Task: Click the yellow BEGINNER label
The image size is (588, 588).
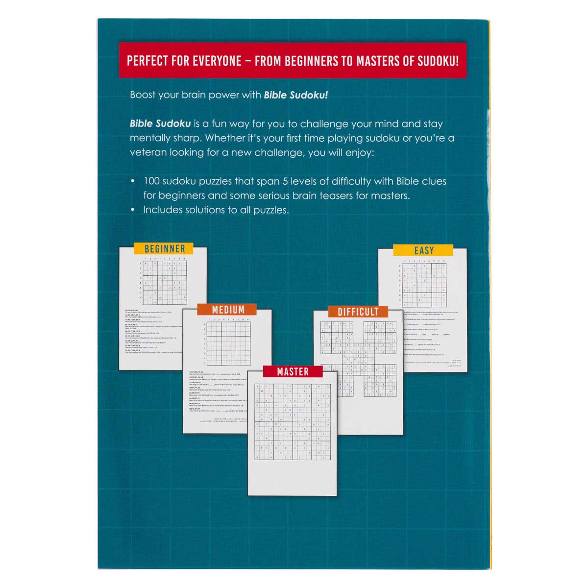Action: coord(165,249)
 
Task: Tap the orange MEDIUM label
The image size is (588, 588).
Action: coord(228,310)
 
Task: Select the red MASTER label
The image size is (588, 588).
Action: coord(293,372)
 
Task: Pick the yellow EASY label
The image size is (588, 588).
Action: coord(424,250)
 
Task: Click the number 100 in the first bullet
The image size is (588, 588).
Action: coord(151,181)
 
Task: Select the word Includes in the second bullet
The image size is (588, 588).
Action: coord(161,210)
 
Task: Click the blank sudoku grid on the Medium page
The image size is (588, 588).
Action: coord(228,343)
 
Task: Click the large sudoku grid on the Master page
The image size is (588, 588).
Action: coord(293,421)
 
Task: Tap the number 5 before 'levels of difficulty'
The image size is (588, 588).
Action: coord(284,181)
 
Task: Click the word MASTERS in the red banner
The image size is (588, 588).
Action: coord(375,61)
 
